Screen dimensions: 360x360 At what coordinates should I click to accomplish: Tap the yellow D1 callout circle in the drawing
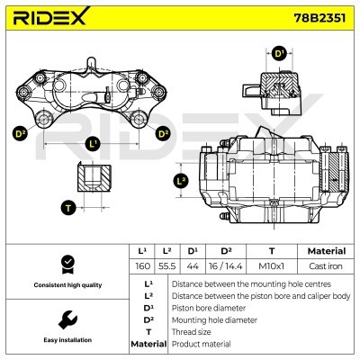tap(280, 54)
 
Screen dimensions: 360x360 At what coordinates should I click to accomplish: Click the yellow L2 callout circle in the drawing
tap(181, 180)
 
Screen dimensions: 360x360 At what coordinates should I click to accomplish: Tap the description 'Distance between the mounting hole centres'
tap(238, 282)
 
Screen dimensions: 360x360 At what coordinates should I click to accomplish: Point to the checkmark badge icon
tap(65, 264)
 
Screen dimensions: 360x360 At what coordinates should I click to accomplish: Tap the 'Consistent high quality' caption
tap(65, 285)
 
